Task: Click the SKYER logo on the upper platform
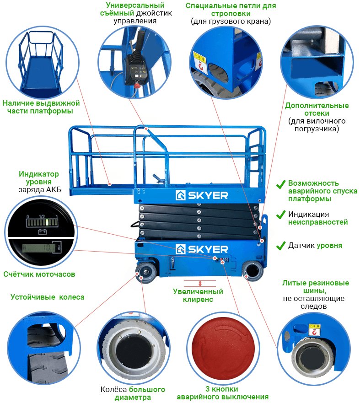click(202, 195)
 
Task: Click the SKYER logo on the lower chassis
click(202, 249)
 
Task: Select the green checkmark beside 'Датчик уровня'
click(281, 246)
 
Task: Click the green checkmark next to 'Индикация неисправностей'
click(281, 215)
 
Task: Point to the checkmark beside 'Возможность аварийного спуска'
click(281, 184)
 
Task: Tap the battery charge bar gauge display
click(42, 223)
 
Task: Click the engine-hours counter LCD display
click(39, 248)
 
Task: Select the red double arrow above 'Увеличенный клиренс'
click(200, 284)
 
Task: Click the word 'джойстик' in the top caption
click(154, 13)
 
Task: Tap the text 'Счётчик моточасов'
click(39, 274)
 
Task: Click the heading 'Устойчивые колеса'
click(47, 297)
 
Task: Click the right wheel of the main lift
click(253, 270)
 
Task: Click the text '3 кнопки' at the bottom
click(221, 389)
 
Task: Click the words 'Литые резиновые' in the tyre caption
click(316, 283)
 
